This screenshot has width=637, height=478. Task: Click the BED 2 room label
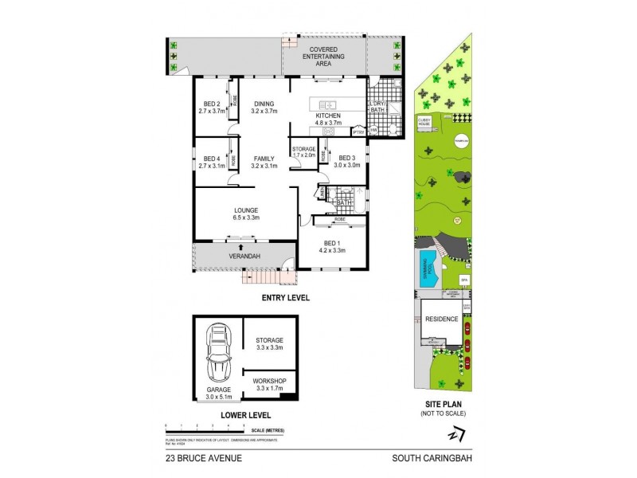click(211, 108)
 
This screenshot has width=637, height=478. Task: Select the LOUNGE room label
click(247, 214)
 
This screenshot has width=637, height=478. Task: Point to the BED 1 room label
click(333, 248)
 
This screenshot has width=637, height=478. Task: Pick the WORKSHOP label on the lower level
click(268, 386)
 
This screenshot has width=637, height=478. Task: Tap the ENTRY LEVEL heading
click(286, 298)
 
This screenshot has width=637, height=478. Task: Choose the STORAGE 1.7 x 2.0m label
click(304, 153)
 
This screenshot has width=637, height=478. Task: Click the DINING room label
click(264, 108)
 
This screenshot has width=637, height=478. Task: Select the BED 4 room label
click(211, 162)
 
